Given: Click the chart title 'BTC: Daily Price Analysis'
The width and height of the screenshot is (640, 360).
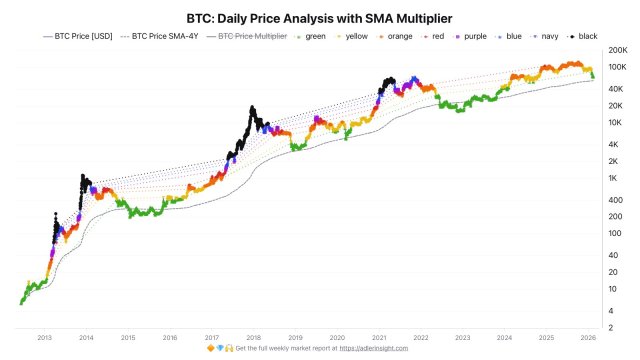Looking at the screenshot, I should [x=320, y=18].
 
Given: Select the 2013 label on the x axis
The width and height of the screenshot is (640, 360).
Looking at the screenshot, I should [x=44, y=339].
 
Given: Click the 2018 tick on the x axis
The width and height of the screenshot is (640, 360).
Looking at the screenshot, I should [x=255, y=339].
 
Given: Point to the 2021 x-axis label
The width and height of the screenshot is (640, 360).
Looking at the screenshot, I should [x=380, y=339].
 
